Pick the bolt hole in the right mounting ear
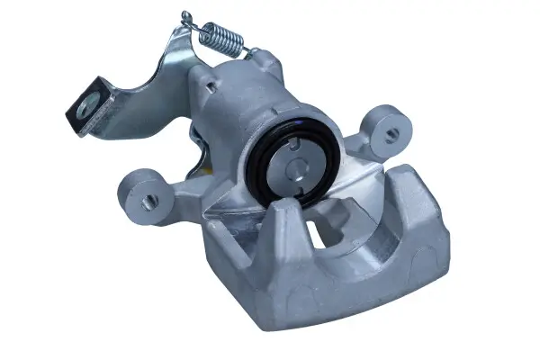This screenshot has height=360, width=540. (x=391, y=135)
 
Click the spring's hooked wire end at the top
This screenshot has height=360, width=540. (x=186, y=15)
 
